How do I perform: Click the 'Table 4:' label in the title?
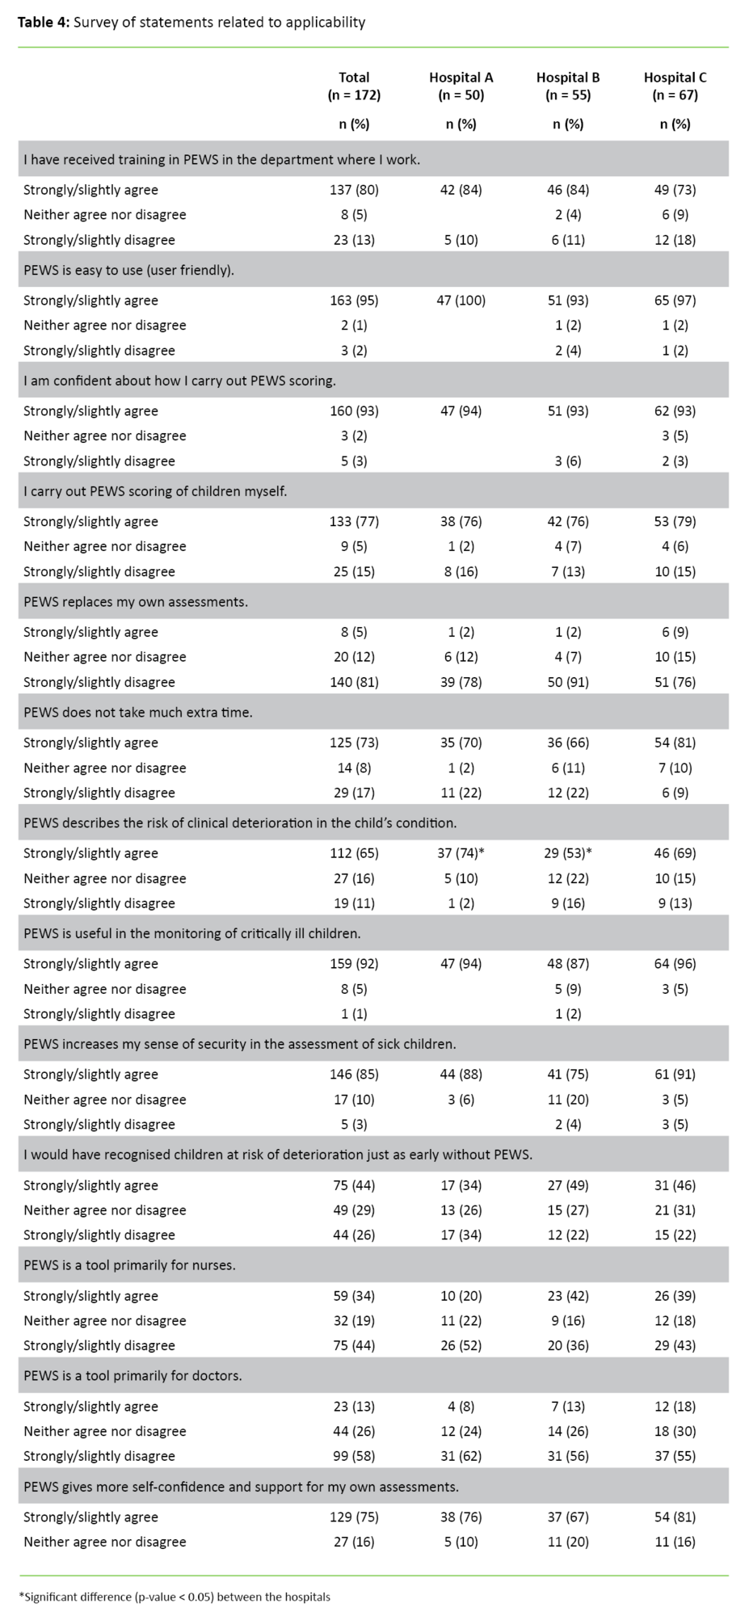[x=44, y=23]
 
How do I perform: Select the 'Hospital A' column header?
[x=461, y=78]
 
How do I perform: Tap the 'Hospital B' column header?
[x=568, y=78]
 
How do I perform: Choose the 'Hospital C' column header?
[x=675, y=78]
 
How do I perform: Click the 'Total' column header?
[x=354, y=78]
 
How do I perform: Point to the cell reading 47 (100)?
[x=461, y=301]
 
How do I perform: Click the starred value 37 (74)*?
[x=462, y=853]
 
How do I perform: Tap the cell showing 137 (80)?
[x=354, y=190]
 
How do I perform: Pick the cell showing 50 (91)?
[x=568, y=682]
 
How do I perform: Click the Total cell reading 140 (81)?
[x=354, y=682]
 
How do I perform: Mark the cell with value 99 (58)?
[x=354, y=1456]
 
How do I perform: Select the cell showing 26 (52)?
[x=461, y=1345]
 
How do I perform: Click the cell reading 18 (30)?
[x=675, y=1431]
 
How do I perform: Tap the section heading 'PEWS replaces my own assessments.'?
[x=136, y=602]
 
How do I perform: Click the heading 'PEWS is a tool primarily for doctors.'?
[x=133, y=1375]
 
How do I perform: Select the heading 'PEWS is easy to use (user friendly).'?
[x=129, y=270]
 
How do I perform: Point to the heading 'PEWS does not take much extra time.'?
[x=138, y=713]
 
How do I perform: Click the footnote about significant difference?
[x=175, y=1597]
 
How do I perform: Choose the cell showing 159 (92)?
[x=354, y=963]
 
